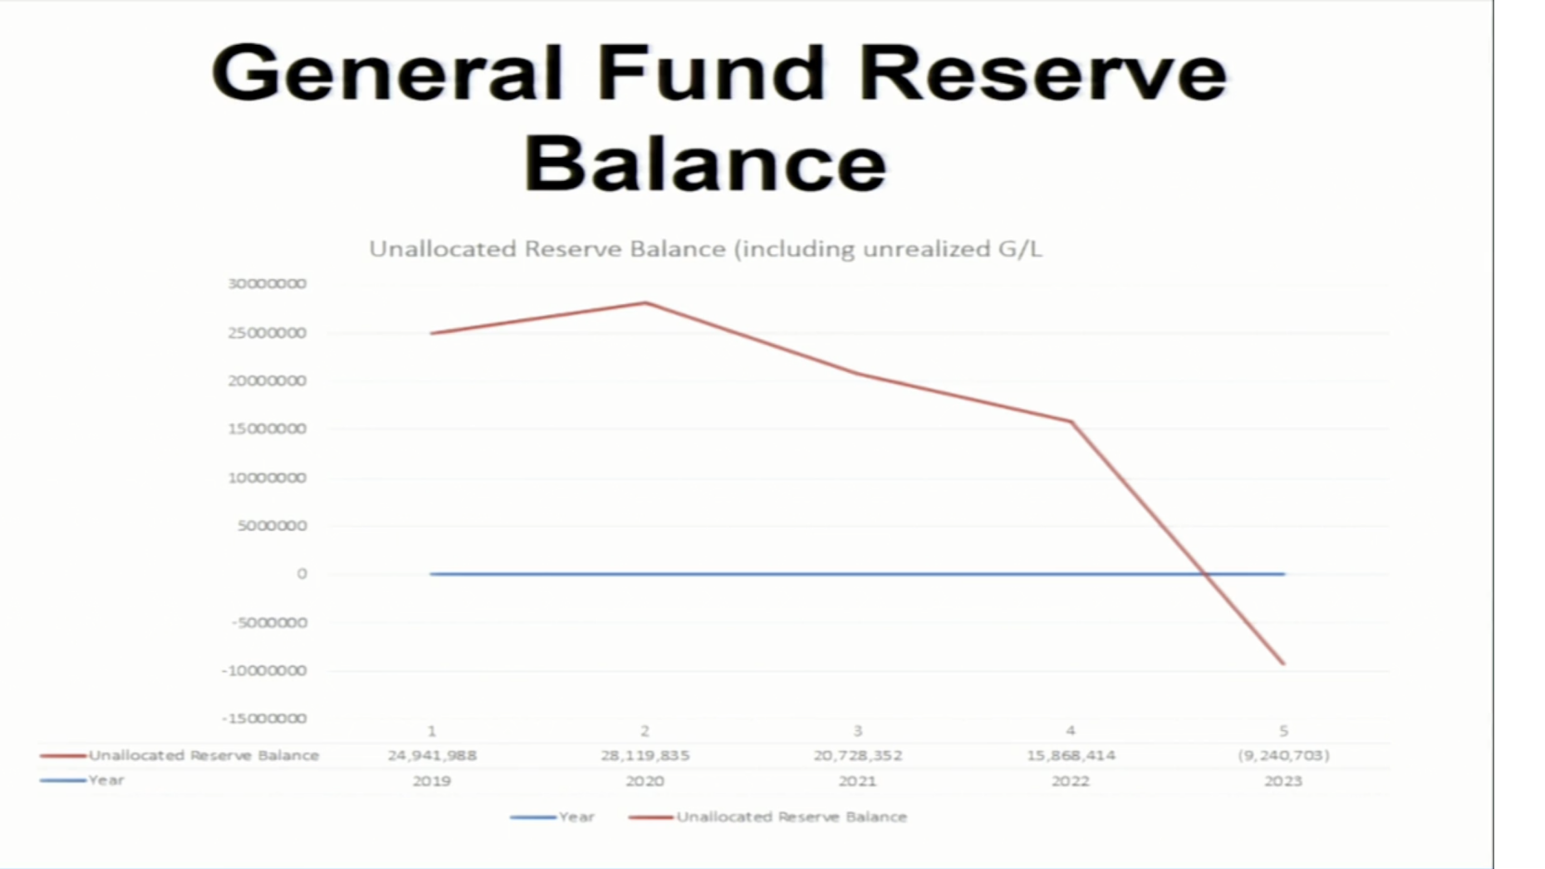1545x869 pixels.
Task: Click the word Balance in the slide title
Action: (x=705, y=164)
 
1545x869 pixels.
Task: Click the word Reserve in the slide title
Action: (x=1042, y=72)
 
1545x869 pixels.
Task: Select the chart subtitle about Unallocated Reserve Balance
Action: (x=705, y=249)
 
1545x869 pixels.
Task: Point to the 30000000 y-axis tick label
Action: (x=267, y=283)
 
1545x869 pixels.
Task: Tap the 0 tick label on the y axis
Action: (x=302, y=574)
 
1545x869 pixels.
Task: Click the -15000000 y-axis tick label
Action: (x=264, y=718)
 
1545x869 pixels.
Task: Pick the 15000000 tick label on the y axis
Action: (x=267, y=429)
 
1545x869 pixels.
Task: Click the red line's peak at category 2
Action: (x=645, y=302)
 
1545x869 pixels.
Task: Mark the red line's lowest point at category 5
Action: (x=1283, y=664)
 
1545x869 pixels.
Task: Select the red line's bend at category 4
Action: (x=1071, y=421)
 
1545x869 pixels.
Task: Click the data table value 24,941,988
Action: (x=432, y=756)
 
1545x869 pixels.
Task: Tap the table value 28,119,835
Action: (x=645, y=756)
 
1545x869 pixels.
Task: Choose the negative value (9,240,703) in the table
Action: (x=1283, y=756)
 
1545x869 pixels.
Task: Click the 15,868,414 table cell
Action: (x=1071, y=756)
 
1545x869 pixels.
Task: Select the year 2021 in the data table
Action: (x=858, y=781)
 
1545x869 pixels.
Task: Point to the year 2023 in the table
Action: (x=1283, y=781)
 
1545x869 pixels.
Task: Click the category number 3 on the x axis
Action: (x=858, y=731)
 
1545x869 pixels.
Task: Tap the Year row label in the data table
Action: (x=106, y=780)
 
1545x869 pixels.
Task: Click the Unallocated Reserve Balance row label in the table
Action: (x=204, y=755)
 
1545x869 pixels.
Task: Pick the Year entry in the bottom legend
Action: (x=576, y=817)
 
